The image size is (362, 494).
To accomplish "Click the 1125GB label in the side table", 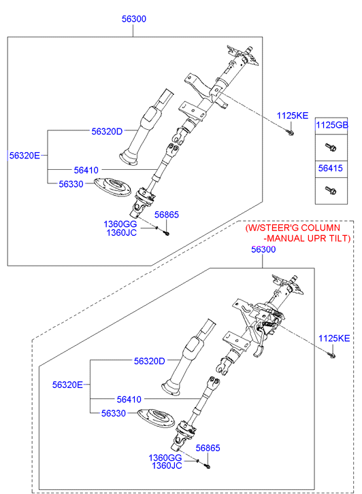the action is (332, 125).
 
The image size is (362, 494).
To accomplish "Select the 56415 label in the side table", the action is (331, 169).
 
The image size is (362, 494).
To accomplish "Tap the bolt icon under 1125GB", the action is (331, 147).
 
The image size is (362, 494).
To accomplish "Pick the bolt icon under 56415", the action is (331, 190).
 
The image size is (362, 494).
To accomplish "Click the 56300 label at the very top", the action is (134, 19).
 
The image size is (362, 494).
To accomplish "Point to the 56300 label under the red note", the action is (263, 249).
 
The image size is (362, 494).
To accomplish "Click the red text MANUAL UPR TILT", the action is (309, 239).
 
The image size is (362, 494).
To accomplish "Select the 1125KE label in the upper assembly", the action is (292, 116).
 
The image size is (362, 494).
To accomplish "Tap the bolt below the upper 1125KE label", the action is (291, 133).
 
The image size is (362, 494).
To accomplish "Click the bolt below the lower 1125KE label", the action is (332, 355).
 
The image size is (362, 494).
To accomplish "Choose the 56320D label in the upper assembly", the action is (107, 131).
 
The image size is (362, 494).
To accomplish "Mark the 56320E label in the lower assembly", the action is (67, 385).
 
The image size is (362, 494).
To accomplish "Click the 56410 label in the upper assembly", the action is (86, 170).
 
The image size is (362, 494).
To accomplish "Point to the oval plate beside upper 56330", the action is (113, 186).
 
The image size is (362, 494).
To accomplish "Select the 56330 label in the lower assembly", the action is (114, 413).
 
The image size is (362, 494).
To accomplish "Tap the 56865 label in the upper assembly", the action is (166, 215).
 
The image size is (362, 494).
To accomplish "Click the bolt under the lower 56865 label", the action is (208, 466).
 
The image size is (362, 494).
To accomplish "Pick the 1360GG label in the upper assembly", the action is (120, 224).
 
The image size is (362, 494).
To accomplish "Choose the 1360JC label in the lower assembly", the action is (167, 465).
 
